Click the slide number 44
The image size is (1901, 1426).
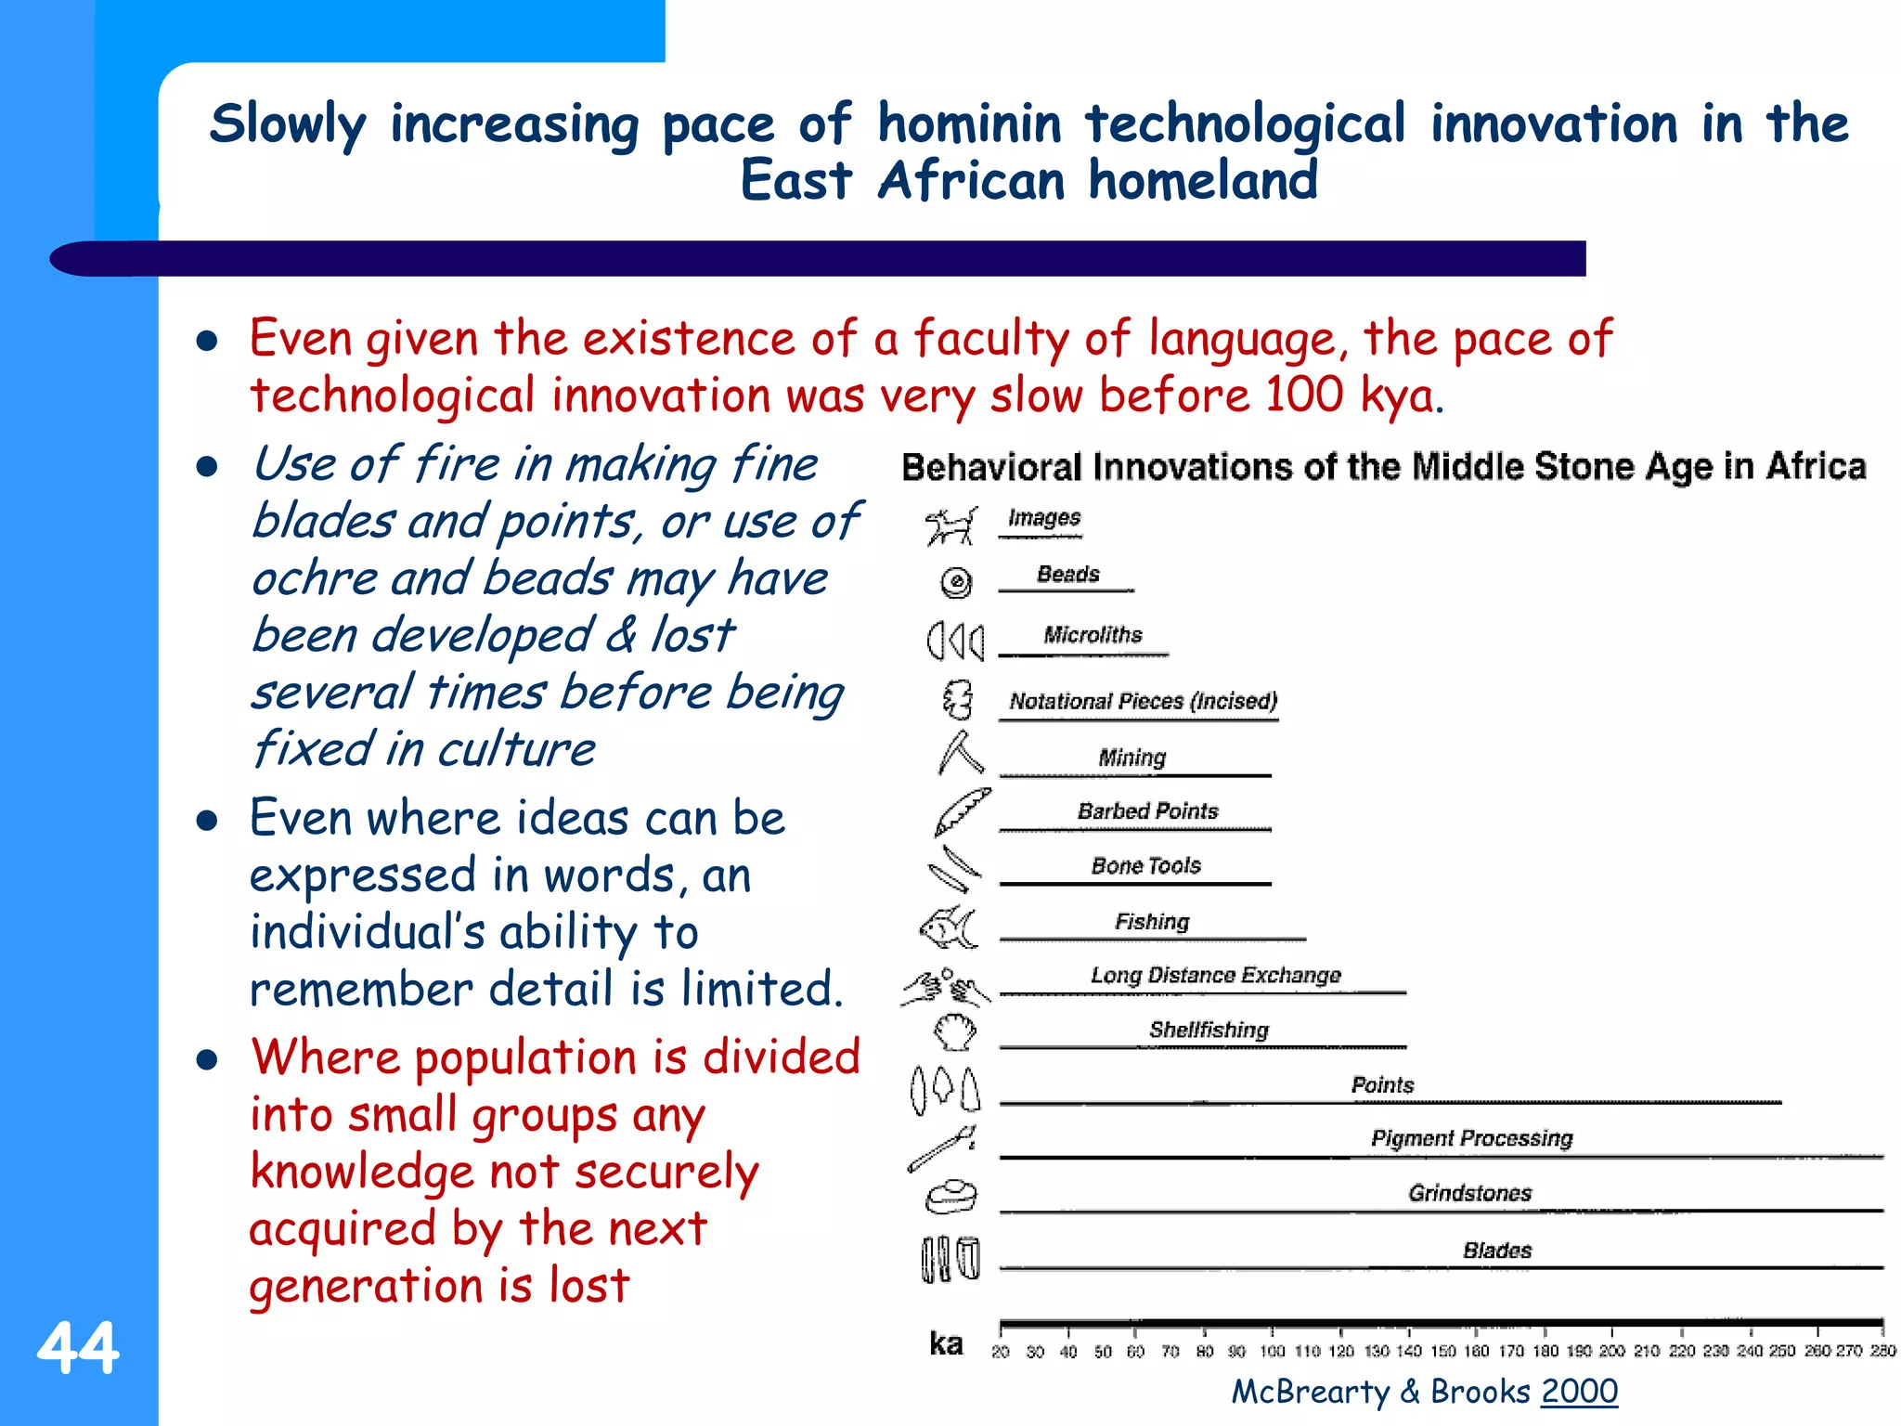[78, 1348]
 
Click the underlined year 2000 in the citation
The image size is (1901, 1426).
[1579, 1392]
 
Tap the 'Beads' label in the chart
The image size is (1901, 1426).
[1067, 574]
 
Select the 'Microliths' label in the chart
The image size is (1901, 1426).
[1093, 635]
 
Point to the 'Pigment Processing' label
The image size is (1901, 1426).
[1471, 1138]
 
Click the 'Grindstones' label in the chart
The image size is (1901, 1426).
[1469, 1193]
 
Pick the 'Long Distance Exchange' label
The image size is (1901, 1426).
[1215, 975]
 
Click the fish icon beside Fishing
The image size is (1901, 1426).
[949, 927]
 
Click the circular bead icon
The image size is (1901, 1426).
[956, 583]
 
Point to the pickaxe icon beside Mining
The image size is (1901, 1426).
[960, 753]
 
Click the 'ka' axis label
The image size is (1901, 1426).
[946, 1344]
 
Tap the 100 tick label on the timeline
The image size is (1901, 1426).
[1272, 1352]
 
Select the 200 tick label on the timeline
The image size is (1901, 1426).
[1612, 1352]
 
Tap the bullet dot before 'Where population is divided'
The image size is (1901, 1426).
[207, 1060]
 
